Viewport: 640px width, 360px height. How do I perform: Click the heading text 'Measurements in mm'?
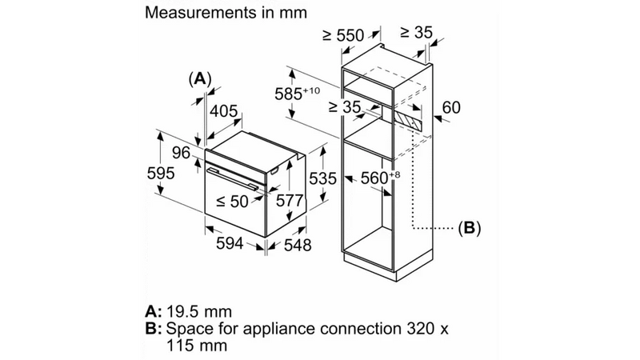pyautogui.click(x=215, y=14)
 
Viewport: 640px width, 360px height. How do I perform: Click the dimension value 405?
pyautogui.click(x=225, y=112)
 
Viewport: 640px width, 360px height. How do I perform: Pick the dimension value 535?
pyautogui.click(x=323, y=179)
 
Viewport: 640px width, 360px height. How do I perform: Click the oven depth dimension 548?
pyautogui.click(x=297, y=246)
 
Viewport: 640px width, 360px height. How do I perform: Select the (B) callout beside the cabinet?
pyautogui.click(x=469, y=228)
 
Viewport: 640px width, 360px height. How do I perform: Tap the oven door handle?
pyautogui.click(x=234, y=178)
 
